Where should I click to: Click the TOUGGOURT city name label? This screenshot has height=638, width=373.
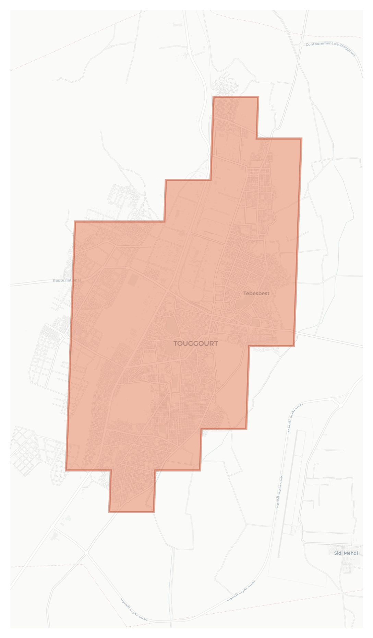pos(195,344)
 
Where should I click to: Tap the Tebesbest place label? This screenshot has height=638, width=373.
pos(256,293)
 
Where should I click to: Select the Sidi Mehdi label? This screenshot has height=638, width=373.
pos(346,553)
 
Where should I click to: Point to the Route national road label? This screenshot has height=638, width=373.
pos(67,280)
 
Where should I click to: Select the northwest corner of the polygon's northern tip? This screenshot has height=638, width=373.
pos(213,97)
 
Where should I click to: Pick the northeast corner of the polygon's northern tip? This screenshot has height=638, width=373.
pos(258,97)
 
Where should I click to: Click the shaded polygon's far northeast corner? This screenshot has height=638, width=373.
pos(301,139)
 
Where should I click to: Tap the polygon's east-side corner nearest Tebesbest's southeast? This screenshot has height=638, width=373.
pos(294,345)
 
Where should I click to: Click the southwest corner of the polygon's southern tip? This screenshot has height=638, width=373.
pos(109,512)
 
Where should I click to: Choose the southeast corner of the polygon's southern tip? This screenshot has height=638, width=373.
pos(154,512)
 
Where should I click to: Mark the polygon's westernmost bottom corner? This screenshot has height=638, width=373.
pos(66,470)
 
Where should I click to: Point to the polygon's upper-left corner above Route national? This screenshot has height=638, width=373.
pos(75,222)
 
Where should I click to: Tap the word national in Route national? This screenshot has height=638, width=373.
pos(73,280)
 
